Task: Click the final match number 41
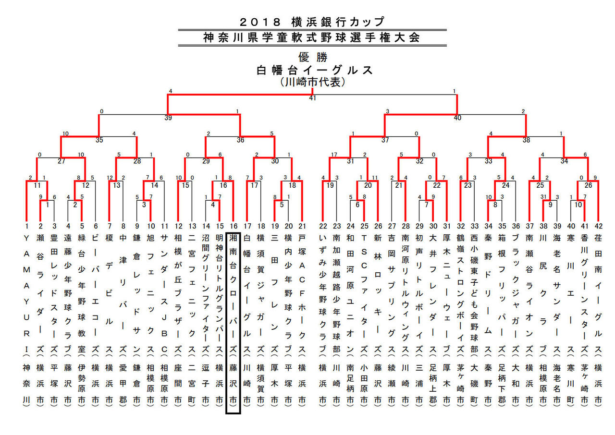[312, 98]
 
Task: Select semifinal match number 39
[168, 118]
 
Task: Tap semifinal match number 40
[457, 118]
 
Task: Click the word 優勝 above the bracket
[313, 58]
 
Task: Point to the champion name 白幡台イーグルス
[315, 70]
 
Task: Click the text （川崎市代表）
[313, 82]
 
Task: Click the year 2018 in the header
[260, 22]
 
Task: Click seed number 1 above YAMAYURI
[27, 226]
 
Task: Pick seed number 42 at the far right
[598, 226]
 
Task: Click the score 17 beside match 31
[333, 155]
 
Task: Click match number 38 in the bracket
[526, 141]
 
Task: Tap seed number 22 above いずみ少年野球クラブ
[323, 226]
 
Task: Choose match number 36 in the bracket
[240, 141]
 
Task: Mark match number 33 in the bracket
[489, 162]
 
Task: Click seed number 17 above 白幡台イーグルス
[247, 226]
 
